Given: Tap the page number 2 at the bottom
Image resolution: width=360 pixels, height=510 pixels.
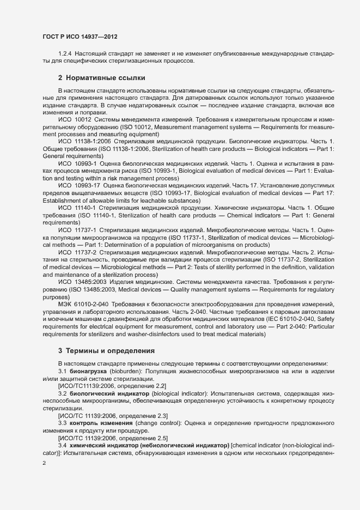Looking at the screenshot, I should [x=44, y=463].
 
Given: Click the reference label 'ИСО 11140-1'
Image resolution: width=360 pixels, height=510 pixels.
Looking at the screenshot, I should [x=77, y=208].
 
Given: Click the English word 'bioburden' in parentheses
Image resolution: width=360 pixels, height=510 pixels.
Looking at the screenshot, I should [x=125, y=371].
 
